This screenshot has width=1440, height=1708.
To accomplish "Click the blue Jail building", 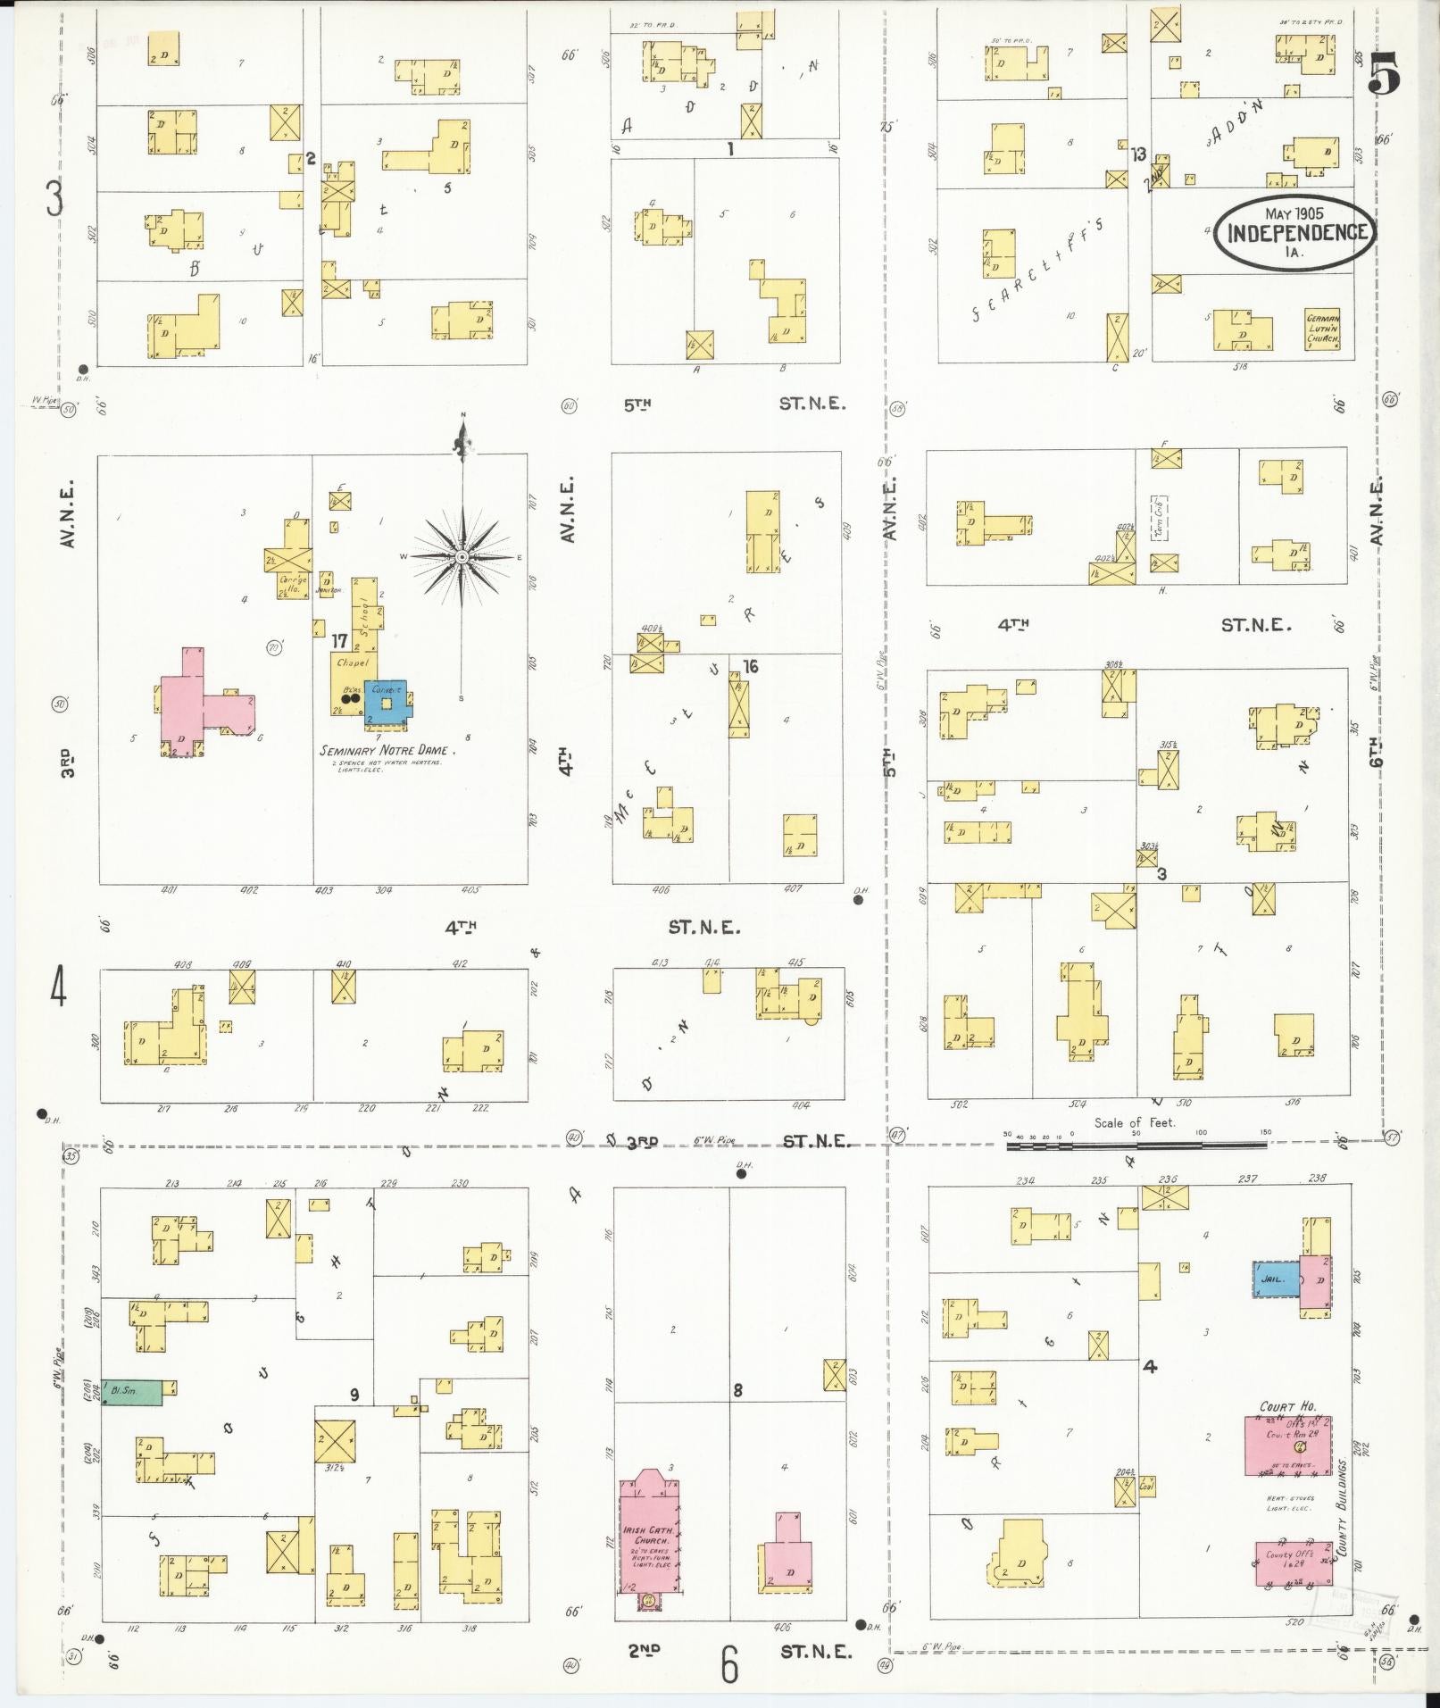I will tap(1274, 1279).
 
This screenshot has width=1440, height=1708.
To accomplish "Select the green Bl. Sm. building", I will tap(132, 1391).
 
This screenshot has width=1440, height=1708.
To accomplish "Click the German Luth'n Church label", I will tap(1323, 329).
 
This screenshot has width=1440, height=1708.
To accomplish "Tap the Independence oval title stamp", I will tap(1294, 230).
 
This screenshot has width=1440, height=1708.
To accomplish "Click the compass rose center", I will tap(462, 557).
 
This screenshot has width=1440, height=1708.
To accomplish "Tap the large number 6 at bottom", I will tap(730, 1662).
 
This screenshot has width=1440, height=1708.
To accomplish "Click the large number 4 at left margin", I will tap(59, 988).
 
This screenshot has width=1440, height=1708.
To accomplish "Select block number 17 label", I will tap(339, 640).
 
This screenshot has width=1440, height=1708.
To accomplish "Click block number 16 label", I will tap(749, 666).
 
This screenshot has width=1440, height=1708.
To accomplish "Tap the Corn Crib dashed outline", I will tap(1161, 517).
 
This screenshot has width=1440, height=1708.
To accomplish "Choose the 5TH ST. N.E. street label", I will tap(735, 404).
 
